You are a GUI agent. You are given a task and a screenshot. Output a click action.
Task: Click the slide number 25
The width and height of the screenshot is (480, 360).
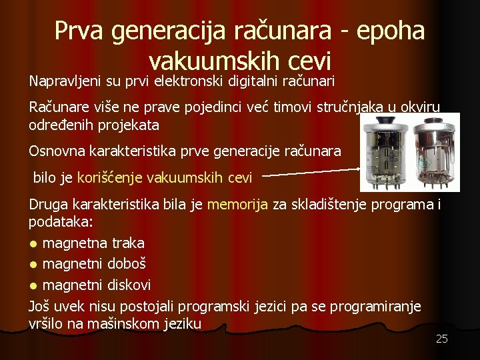(441, 339)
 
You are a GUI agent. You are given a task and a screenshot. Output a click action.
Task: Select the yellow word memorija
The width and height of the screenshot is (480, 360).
(237, 205)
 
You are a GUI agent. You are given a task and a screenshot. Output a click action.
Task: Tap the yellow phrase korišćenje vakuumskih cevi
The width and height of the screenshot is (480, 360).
(165, 178)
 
